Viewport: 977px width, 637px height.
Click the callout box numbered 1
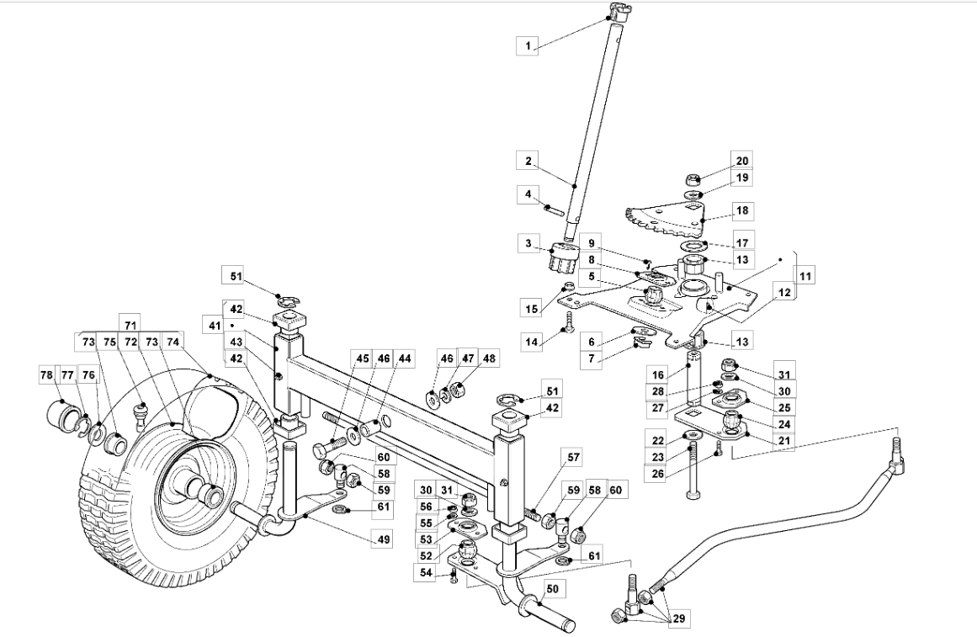pyautogui.click(x=528, y=45)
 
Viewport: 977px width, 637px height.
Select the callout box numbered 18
pyautogui.click(x=742, y=210)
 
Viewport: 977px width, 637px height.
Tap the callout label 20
pyautogui.click(x=742, y=161)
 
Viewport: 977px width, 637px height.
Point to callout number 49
pyautogui.click(x=383, y=539)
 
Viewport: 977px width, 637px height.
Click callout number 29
pyautogui.click(x=678, y=619)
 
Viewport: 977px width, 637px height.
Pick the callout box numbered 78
pyautogui.click(x=47, y=375)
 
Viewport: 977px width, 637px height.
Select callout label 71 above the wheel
pyautogui.click(x=130, y=325)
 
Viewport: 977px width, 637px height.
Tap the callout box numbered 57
pyautogui.click(x=574, y=458)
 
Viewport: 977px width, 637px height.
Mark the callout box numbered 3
pyautogui.click(x=528, y=244)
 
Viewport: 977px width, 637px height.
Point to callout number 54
pyautogui.click(x=426, y=573)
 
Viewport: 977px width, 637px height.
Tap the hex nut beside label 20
pyautogui.click(x=694, y=179)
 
